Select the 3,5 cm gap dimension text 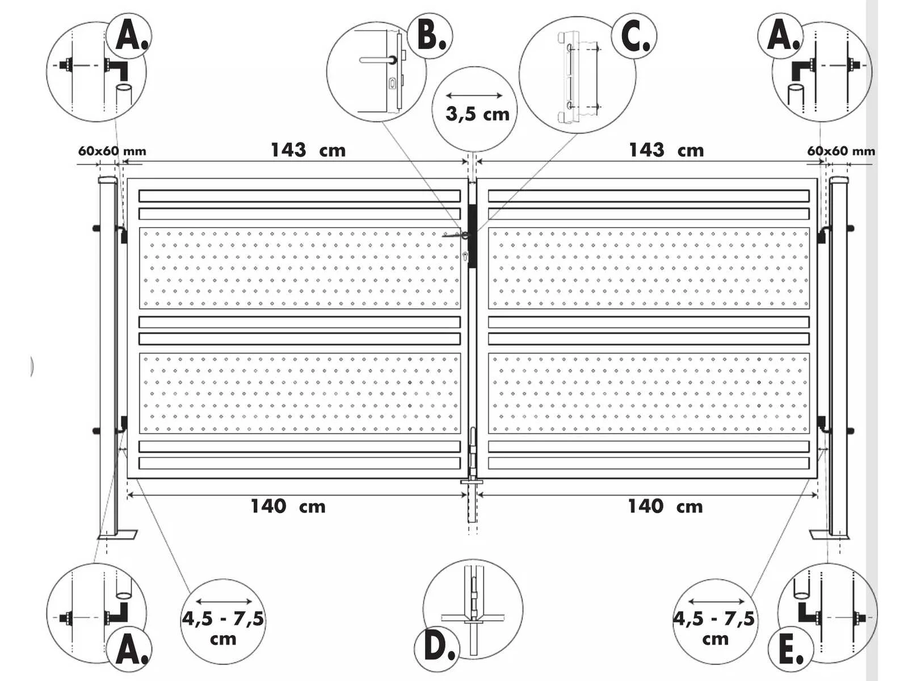click(477, 113)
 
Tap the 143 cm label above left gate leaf click(308, 150)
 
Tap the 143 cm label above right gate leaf click(666, 150)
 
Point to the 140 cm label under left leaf click(288, 507)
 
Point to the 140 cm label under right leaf click(666, 507)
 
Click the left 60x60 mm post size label click(112, 151)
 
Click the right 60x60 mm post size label click(841, 151)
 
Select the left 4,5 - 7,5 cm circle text click(223, 628)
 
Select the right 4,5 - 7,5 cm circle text click(714, 628)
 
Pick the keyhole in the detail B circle click(392, 85)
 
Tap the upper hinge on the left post click(123, 234)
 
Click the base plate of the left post click(117, 535)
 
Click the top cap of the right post click(839, 180)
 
